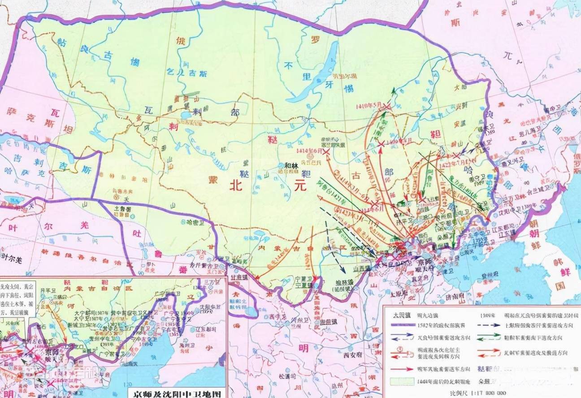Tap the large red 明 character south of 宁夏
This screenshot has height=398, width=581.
click(x=303, y=347)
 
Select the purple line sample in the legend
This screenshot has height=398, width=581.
click(x=403, y=325)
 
